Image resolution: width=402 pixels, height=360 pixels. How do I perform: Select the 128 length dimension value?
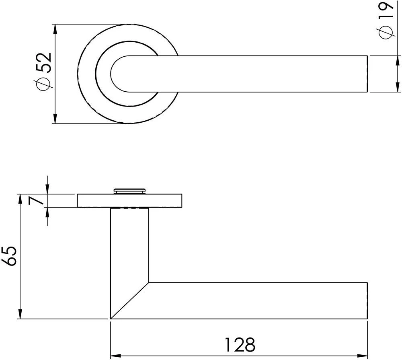tap(240, 345)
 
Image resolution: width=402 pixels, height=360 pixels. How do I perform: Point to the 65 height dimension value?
tap(10, 256)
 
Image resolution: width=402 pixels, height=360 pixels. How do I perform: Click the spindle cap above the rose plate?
tap(129, 190)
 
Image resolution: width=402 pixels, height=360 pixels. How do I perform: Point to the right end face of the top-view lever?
tap(367, 74)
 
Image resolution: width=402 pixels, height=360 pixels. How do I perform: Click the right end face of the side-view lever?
tap(367, 301)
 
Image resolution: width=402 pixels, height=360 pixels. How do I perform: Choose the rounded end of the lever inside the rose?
tap(117, 74)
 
